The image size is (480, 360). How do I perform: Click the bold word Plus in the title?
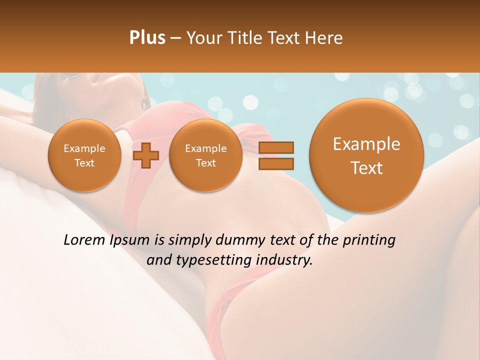point(147,38)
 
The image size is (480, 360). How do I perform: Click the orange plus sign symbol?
point(146,155)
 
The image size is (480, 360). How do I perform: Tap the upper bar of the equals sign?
point(276,147)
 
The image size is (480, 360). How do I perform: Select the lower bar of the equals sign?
point(276,163)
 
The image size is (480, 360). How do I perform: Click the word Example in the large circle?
point(366,144)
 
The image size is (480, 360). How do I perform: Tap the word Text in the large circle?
point(366,168)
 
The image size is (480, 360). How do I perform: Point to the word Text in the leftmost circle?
point(84,163)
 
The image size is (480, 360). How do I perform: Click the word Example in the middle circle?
point(206,148)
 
